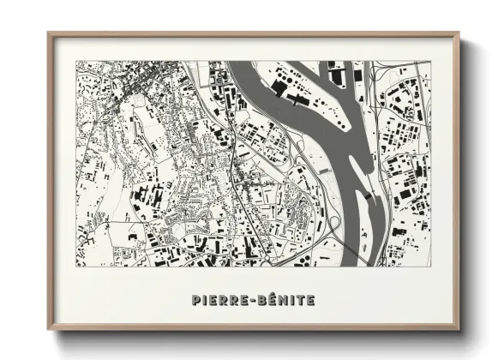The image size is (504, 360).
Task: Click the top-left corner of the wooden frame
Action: [49, 33]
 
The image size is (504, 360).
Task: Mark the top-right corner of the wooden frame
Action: [459, 33]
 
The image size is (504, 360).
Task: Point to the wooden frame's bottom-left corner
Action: [49, 330]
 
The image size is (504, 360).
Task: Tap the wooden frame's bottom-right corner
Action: [459, 330]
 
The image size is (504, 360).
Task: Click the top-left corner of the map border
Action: [76, 61]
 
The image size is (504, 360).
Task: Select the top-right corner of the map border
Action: [430, 61]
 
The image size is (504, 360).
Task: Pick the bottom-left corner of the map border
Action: [76, 267]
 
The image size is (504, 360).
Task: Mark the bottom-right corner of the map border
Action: [430, 267]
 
